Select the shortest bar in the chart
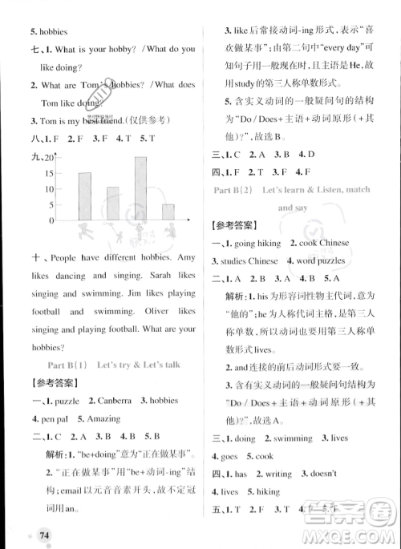click(168, 212)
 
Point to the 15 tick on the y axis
click(50, 173)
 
